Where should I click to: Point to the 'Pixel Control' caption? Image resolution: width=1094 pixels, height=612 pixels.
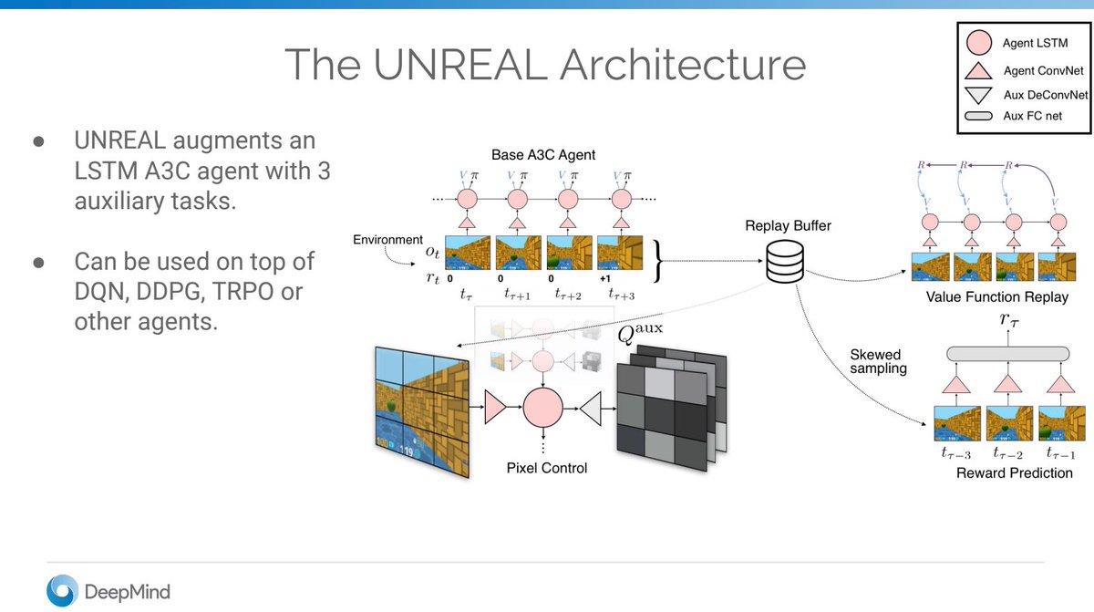tap(547, 468)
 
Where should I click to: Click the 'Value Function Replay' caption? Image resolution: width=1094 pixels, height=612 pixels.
tap(996, 297)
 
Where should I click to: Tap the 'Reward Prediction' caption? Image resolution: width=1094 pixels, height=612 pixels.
tap(1014, 472)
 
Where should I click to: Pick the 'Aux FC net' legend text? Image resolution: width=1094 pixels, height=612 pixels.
tap(1032, 116)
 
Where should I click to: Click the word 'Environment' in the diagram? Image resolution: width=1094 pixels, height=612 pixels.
tap(388, 239)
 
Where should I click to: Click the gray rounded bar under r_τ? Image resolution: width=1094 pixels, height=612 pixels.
tap(1008, 353)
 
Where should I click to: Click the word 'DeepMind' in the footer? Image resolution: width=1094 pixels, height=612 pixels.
tap(127, 592)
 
